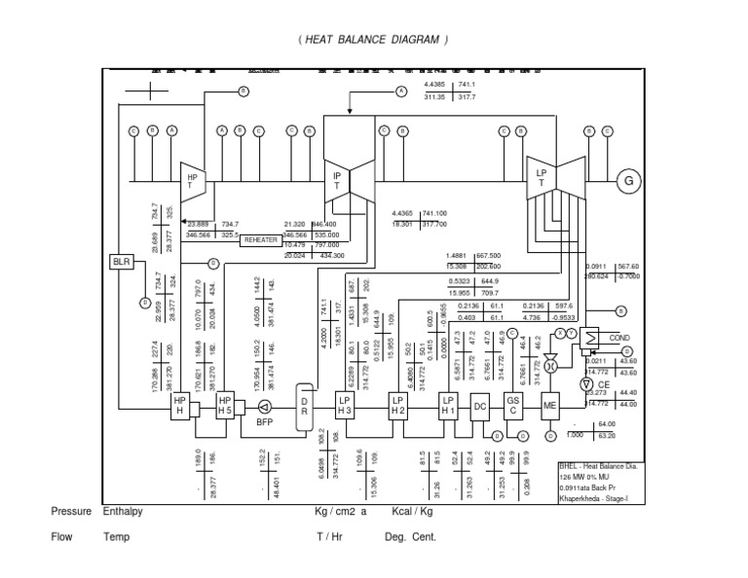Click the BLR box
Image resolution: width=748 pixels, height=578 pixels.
(x=120, y=262)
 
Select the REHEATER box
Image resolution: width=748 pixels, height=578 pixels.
(x=261, y=239)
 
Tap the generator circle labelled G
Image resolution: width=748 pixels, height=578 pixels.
(x=629, y=182)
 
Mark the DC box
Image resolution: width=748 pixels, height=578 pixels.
(x=479, y=408)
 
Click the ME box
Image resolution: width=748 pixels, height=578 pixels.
(x=548, y=408)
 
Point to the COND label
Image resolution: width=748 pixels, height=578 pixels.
(x=619, y=339)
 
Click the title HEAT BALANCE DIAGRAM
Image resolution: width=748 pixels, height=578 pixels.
(x=374, y=40)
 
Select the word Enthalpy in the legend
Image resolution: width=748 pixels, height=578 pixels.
(x=122, y=511)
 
